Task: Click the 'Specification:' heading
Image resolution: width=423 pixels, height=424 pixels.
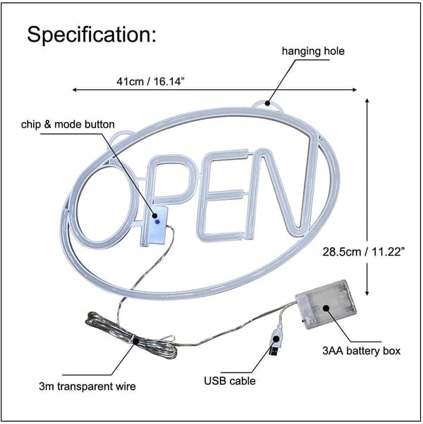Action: tap(92, 35)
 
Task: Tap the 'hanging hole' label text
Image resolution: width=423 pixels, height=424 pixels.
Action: tap(313, 51)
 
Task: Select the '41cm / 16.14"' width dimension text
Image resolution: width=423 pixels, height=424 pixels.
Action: tap(150, 81)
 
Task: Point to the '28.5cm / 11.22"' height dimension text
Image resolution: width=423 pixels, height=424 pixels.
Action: tap(364, 252)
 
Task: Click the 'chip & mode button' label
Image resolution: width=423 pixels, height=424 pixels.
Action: tap(68, 125)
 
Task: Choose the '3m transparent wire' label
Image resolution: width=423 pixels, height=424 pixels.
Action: tap(87, 386)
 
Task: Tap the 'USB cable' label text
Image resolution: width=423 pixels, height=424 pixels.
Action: tap(230, 381)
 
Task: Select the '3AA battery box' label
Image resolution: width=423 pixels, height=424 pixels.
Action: tap(361, 351)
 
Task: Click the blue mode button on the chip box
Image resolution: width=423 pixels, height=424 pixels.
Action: tap(157, 222)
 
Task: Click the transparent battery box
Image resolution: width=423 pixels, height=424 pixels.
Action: tap(325, 304)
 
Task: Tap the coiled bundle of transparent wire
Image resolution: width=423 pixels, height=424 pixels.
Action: tap(130, 335)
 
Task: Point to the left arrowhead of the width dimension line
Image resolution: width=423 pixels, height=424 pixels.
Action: tap(74, 89)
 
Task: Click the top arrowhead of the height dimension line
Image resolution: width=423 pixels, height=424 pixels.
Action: tap(367, 101)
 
